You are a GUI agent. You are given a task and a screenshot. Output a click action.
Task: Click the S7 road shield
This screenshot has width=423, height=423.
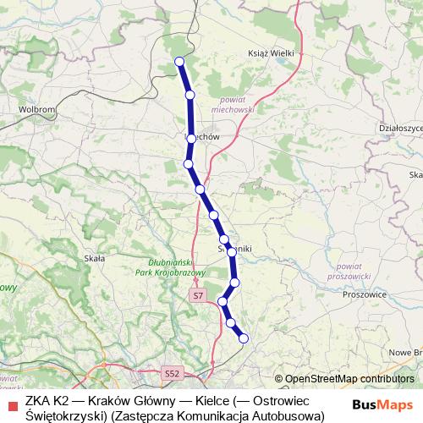pos(198,296)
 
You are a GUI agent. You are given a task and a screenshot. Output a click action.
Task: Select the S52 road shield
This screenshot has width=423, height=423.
pos(173,372)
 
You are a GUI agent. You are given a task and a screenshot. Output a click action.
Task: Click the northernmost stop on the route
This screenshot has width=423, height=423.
pos(179,61)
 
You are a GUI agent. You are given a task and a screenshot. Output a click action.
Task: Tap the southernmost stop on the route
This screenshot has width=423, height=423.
pos(244,338)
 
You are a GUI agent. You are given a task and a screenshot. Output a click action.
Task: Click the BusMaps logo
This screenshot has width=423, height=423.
pos(382,404)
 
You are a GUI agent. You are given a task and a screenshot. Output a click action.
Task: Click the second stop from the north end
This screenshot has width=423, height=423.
pos(190,95)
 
